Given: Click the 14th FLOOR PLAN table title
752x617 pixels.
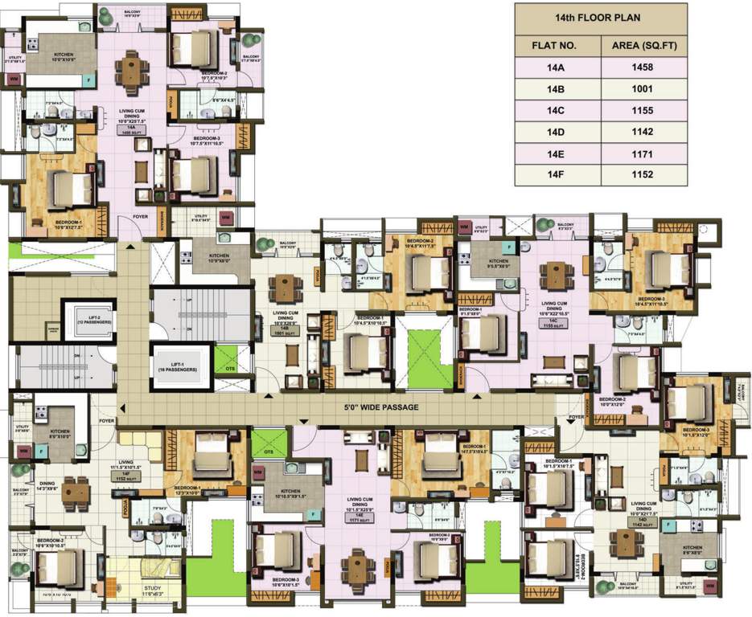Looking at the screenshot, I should [601, 16].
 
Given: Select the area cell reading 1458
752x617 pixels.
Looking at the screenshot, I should [644, 68].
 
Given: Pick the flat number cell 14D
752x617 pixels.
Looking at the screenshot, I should [558, 132].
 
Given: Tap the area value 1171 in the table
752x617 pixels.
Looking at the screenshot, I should [644, 153].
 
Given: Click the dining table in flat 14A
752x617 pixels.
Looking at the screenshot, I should [131, 69].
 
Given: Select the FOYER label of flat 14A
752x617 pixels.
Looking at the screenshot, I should [142, 216].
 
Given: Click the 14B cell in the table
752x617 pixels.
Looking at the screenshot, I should [558, 90].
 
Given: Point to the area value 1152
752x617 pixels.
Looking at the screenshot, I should [644, 174].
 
